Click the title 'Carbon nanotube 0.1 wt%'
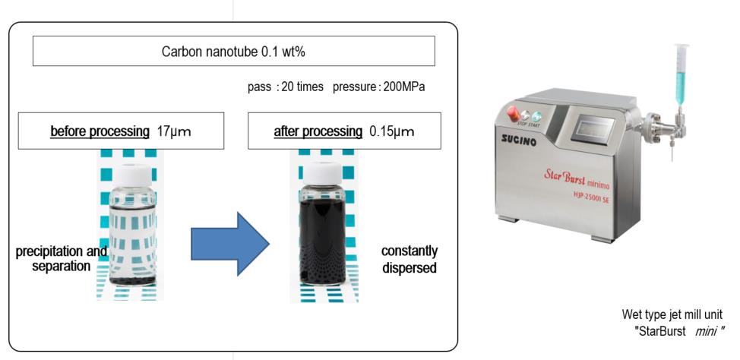pyautogui.click(x=233, y=52)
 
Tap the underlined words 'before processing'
pyautogui.click(x=100, y=131)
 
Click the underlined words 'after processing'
pyautogui.click(x=318, y=131)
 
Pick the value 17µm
pyautogui.click(x=174, y=131)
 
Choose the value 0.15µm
pyautogui.click(x=391, y=131)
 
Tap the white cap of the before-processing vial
pyautogui.click(x=133, y=172)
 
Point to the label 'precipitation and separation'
pyautogui.click(x=62, y=258)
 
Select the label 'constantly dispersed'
pyautogui.click(x=409, y=258)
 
